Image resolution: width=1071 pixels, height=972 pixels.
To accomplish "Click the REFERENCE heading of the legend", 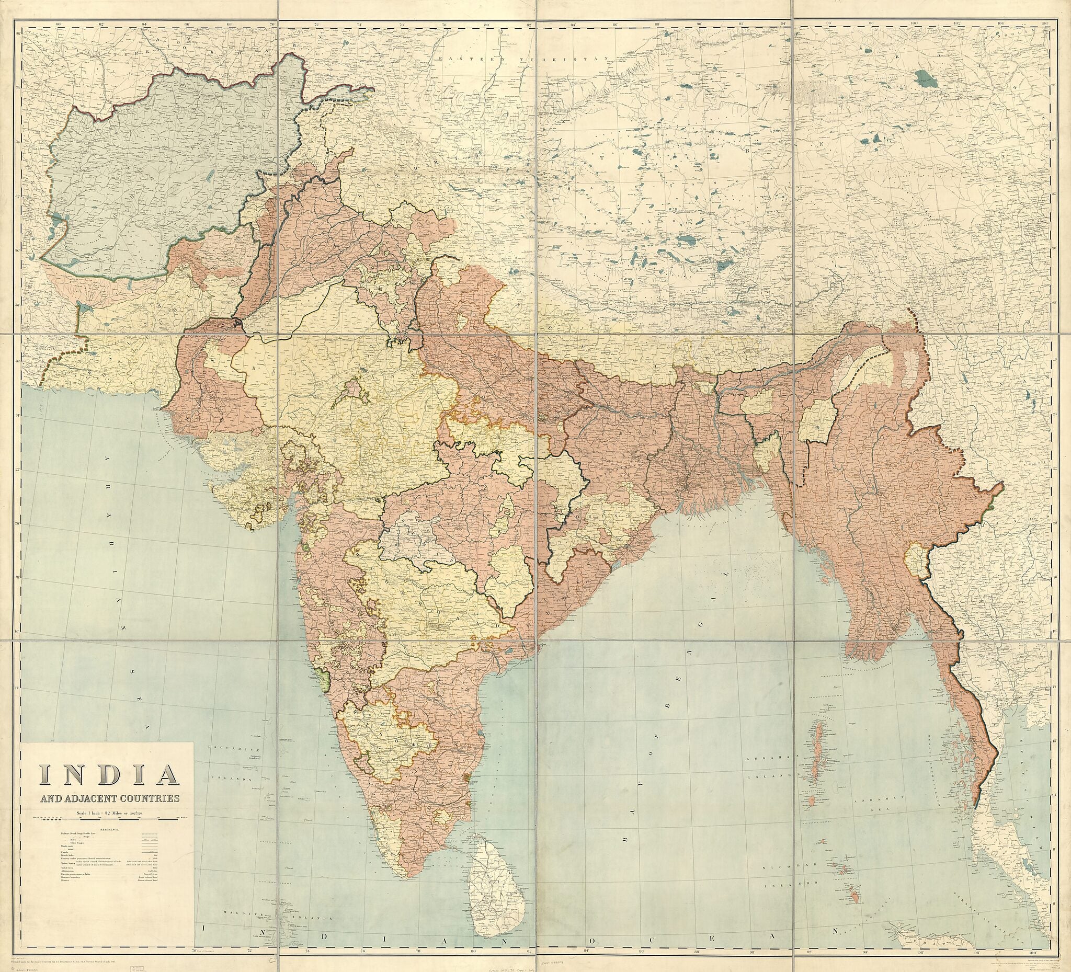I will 107,829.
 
